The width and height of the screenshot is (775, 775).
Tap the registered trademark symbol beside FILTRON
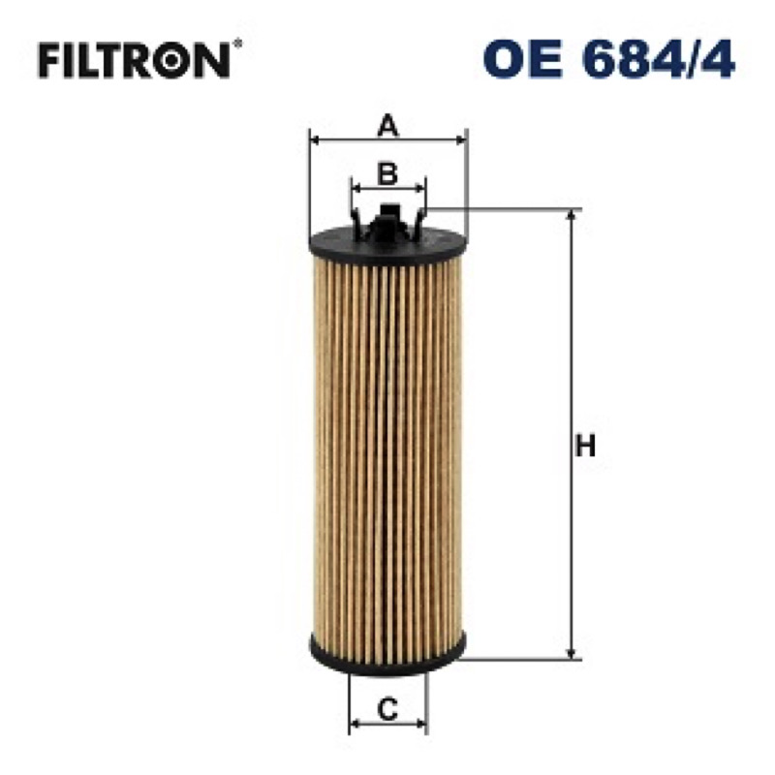click(237, 44)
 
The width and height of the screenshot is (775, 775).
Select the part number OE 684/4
click(608, 59)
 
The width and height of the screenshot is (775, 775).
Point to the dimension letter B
click(387, 173)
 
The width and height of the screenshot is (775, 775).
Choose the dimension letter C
click(387, 710)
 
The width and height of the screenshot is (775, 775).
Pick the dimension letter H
click(585, 446)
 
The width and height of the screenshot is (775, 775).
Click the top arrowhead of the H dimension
click(572, 216)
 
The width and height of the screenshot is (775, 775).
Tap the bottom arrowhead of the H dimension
click(572, 652)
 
